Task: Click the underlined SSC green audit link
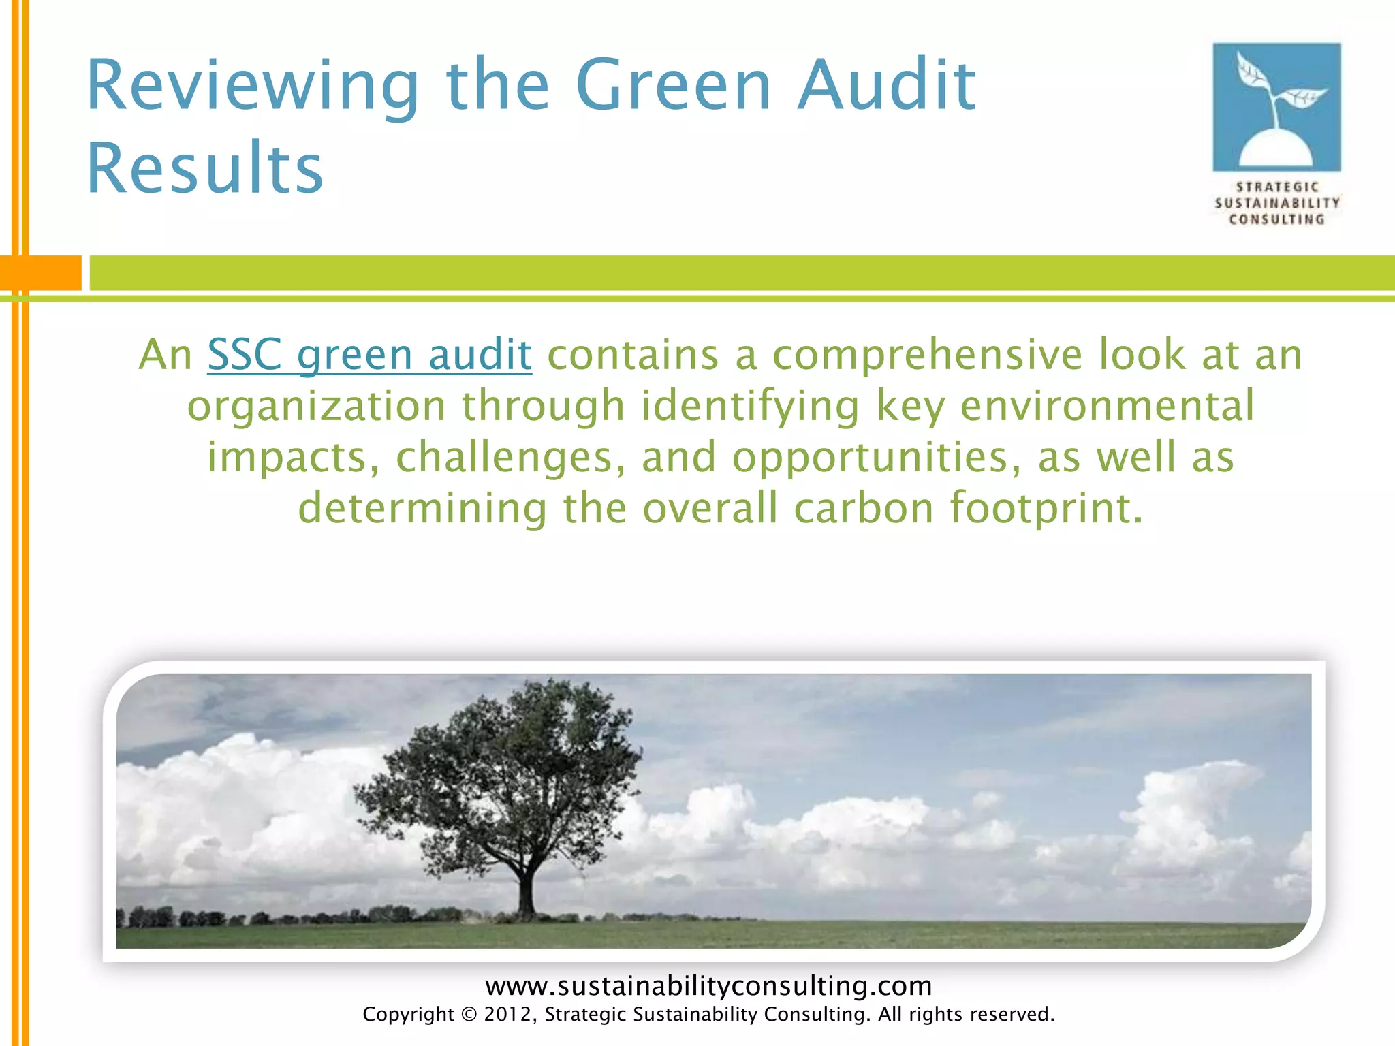pos(369,355)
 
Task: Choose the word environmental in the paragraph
pos(1107,406)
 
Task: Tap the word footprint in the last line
pos(1046,508)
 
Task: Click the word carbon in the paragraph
pos(863,508)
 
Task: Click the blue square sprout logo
pos(1276,107)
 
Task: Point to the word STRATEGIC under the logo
pos(1277,187)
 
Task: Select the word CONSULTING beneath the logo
pos(1277,219)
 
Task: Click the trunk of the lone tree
pos(525,892)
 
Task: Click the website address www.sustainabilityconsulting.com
pos(708,985)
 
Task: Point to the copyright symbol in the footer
pos(469,1015)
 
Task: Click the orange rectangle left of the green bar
pos(41,272)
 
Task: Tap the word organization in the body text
pos(316,406)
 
